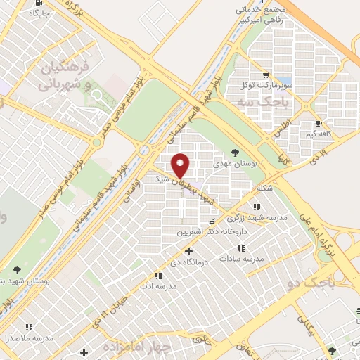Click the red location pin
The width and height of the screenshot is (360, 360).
click(x=181, y=165)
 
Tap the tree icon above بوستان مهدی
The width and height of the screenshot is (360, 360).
click(x=235, y=152)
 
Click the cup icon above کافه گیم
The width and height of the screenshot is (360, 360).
click(x=319, y=123)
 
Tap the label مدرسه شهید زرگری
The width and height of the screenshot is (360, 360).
click(x=260, y=218)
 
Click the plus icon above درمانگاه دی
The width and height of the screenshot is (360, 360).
click(x=188, y=251)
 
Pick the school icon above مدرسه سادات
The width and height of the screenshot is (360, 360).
click(x=241, y=248)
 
